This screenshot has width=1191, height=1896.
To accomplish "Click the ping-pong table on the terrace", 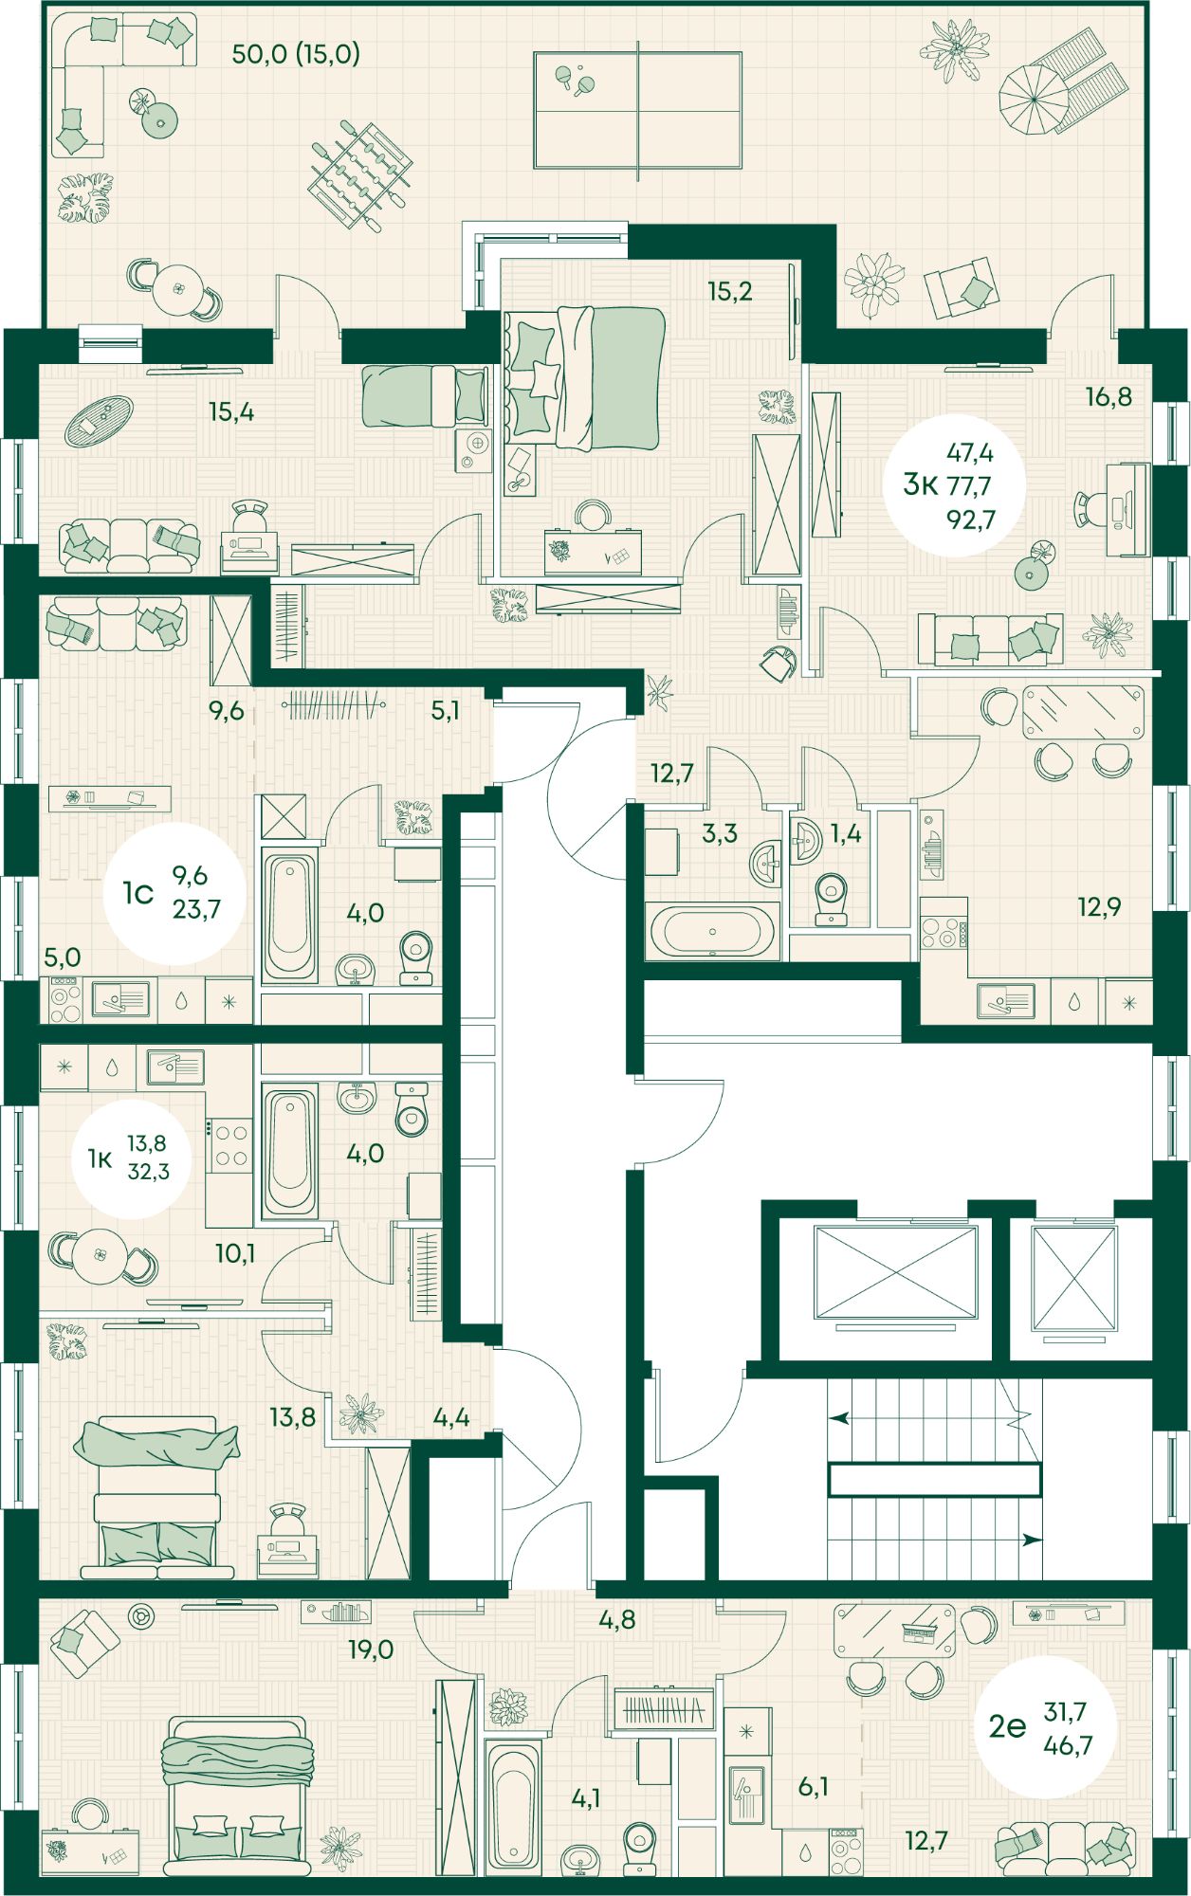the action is pos(637,110).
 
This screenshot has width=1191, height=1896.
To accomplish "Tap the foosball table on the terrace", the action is pos(360,174).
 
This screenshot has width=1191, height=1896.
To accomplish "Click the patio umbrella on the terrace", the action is pos(1034,99).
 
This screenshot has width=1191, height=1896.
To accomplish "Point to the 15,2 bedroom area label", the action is pos(730,291).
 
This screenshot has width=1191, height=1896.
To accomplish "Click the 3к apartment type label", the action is pos(920,485).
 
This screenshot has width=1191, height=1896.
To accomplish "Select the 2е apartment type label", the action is pos(1007,1726).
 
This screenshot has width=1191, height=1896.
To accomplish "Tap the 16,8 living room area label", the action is pos(1109,396).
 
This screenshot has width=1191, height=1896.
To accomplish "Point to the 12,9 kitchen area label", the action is pos(1099,907).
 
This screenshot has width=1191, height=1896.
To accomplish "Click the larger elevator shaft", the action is pos(895,1271).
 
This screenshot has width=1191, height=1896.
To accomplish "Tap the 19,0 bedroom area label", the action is pos(371,1650).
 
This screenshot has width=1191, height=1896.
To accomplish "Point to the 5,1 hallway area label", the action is pos(446,710).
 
